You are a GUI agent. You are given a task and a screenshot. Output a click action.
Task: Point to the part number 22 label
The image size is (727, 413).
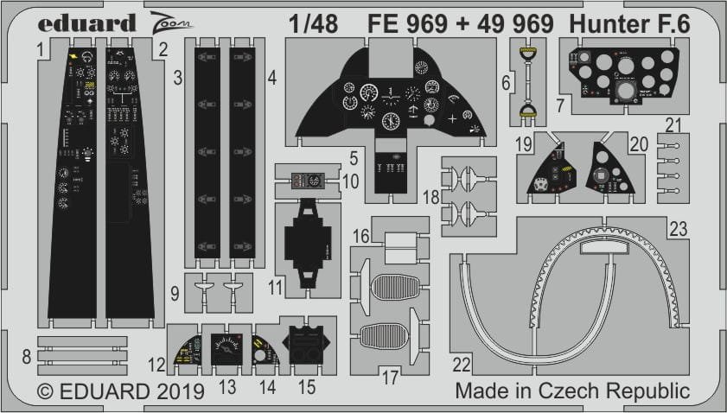pyautogui.click(x=461, y=361)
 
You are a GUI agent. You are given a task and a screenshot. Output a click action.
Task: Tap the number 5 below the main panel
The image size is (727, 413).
pyautogui.click(x=354, y=158)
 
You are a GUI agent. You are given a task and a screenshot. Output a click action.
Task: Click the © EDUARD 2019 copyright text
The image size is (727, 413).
pyautogui.click(x=104, y=391)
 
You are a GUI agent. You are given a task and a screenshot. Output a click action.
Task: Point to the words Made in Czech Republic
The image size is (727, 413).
pyautogui.click(x=573, y=391)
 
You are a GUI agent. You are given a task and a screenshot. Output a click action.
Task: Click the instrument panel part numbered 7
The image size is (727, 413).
pyautogui.click(x=617, y=79)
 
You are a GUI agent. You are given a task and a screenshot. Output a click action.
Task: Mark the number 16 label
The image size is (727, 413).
pyautogui.click(x=361, y=236)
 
